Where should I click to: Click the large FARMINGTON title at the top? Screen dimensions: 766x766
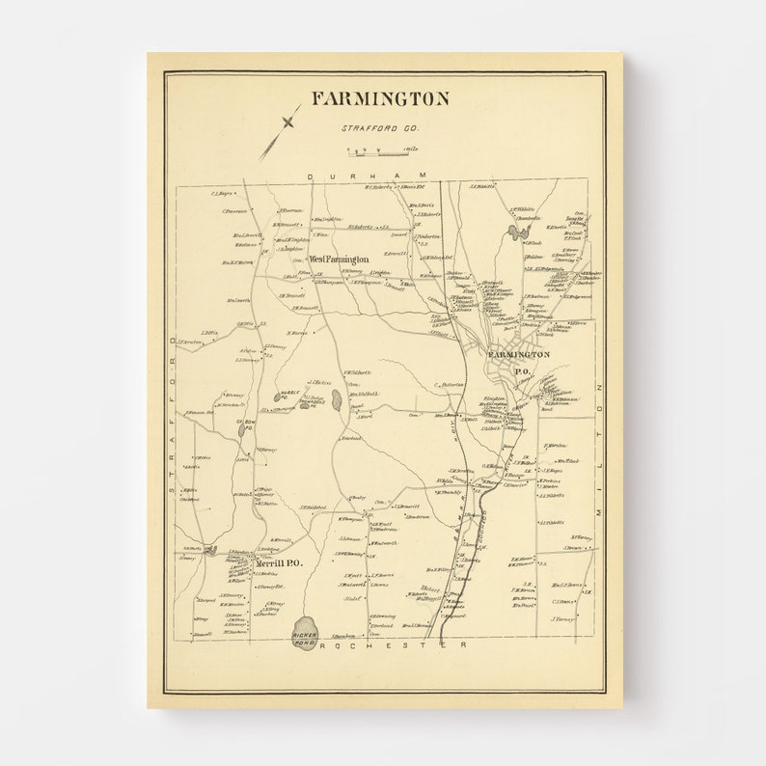tap(380, 99)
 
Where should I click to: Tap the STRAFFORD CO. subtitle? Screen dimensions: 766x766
tap(375, 127)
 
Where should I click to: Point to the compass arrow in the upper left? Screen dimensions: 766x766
tap(279, 132)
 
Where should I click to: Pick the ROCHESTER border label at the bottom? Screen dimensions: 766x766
tap(391, 644)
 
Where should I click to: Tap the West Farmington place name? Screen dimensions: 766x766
tap(339, 260)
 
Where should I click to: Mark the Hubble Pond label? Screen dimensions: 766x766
tap(288, 395)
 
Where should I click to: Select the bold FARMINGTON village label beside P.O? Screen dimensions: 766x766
tap(518, 355)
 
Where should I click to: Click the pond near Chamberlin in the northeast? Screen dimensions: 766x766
tap(511, 232)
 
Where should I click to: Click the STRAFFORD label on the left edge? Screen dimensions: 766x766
tap(173, 415)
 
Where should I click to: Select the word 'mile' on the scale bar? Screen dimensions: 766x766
tap(412, 149)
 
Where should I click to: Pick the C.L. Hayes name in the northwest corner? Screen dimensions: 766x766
tap(224, 194)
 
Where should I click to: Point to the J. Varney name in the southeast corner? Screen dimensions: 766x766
tap(564, 619)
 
